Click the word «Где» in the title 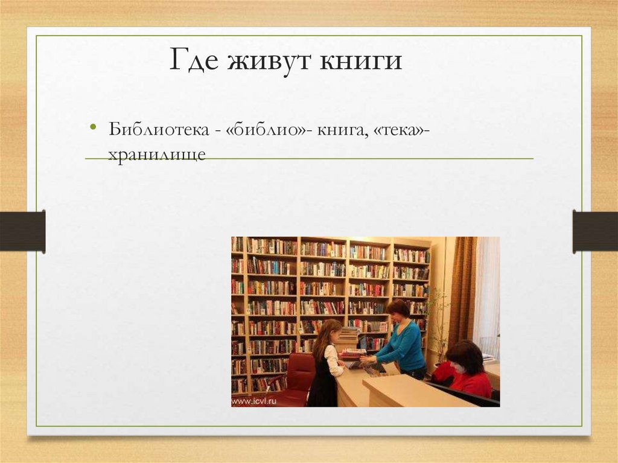tap(192, 62)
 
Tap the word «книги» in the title tap(360, 62)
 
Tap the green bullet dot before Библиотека tap(93, 127)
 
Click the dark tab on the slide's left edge tap(22, 231)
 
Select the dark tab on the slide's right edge tap(595, 231)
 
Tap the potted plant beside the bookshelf tap(439, 320)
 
